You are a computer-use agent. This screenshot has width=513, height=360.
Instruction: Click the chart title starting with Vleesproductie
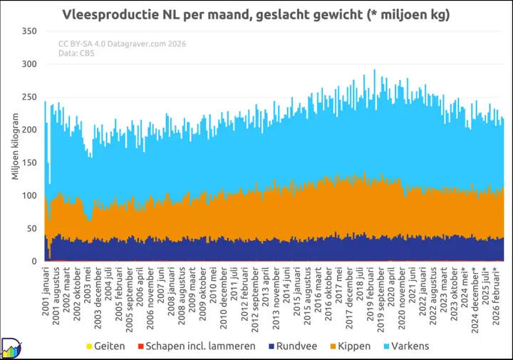click(256, 15)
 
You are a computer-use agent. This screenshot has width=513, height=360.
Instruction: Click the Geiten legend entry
click(105, 346)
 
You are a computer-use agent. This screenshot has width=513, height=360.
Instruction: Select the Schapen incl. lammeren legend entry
click(197, 346)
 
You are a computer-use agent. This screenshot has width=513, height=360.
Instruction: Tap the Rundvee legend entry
click(293, 346)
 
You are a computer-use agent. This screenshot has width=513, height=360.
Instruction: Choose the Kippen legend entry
click(351, 346)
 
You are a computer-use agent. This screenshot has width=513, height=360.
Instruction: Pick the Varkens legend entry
click(406, 346)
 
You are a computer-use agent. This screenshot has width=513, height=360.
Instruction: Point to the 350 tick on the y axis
click(29, 31)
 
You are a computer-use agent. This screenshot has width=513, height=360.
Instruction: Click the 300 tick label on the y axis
click(29, 64)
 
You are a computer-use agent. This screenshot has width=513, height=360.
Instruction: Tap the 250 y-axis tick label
click(29, 97)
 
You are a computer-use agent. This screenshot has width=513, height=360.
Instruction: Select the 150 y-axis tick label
click(29, 163)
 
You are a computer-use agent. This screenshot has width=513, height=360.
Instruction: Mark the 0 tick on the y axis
click(34, 262)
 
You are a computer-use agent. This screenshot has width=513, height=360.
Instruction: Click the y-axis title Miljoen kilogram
click(15, 146)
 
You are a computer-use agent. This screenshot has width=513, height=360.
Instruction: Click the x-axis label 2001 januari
click(46, 292)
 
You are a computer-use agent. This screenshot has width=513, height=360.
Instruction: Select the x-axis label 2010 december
click(224, 298)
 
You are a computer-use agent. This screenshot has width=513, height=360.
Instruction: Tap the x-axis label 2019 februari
click(370, 294)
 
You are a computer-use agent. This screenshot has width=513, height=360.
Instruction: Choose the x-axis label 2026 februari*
click(496, 296)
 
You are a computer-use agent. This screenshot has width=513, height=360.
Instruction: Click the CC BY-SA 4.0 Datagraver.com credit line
click(122, 44)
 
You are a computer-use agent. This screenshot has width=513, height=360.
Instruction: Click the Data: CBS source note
click(76, 53)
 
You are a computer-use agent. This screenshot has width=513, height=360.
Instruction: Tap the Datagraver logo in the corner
click(11, 348)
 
